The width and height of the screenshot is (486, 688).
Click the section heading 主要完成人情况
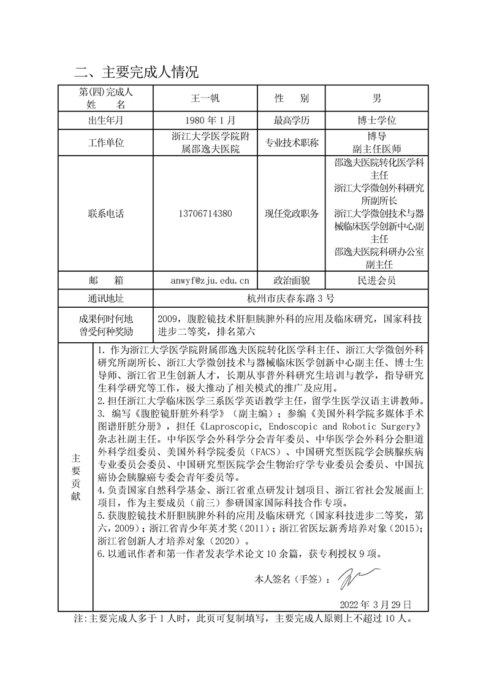click(136, 72)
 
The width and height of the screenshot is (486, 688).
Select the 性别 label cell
click(291, 98)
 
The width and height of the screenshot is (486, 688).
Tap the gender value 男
click(377, 98)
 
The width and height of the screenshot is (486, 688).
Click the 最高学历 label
click(291, 120)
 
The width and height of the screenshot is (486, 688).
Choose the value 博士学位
click(377, 120)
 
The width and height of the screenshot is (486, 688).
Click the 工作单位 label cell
click(105, 143)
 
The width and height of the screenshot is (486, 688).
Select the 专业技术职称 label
click(291, 143)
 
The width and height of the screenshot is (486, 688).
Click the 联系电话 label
click(105, 214)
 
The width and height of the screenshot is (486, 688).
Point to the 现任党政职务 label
click(291, 214)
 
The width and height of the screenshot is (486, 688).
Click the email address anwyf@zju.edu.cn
click(210, 281)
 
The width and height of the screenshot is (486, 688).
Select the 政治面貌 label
click(291, 281)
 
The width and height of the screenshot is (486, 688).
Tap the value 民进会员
click(377, 281)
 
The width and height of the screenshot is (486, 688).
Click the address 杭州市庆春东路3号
click(290, 299)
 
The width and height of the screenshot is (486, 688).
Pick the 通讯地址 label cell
click(105, 299)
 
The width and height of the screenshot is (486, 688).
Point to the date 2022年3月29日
click(375, 604)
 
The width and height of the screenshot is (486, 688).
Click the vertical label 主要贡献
click(75, 477)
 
